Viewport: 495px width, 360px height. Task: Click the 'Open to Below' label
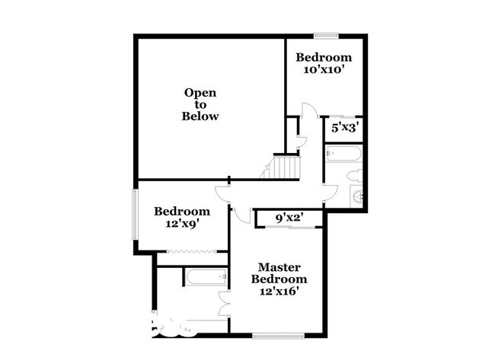(x=200, y=104)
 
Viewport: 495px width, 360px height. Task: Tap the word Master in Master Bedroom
(x=279, y=267)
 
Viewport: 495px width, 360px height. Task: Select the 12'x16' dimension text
(x=279, y=291)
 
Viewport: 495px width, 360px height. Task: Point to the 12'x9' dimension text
(x=181, y=224)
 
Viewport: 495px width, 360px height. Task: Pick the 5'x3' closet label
(x=343, y=127)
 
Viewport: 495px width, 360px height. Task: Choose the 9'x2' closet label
(x=289, y=218)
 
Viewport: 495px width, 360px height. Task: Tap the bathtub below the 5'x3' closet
(x=343, y=156)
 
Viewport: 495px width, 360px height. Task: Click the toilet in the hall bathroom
(x=356, y=176)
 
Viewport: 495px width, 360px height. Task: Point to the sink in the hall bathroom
(x=356, y=197)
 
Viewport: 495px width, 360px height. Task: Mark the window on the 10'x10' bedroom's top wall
(x=327, y=35)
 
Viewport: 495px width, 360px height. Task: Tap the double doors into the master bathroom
(x=223, y=303)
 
